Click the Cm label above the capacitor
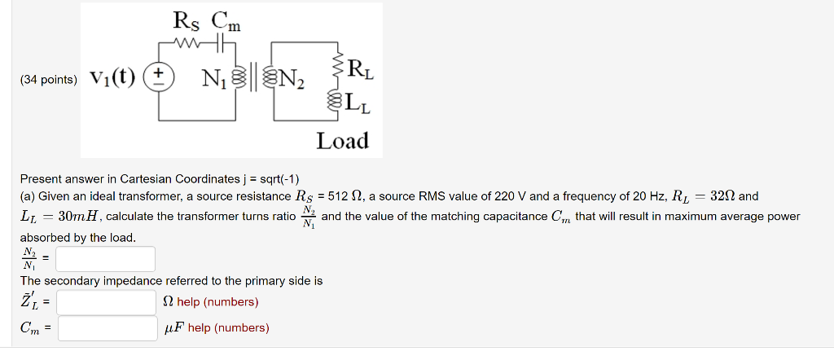pos(226,19)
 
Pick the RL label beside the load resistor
pos(359,68)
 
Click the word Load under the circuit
pos(342,141)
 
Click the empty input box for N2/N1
pos(105,259)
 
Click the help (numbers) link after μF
pos(228,328)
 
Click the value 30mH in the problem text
pos(78,217)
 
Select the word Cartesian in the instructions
pos(146,178)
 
